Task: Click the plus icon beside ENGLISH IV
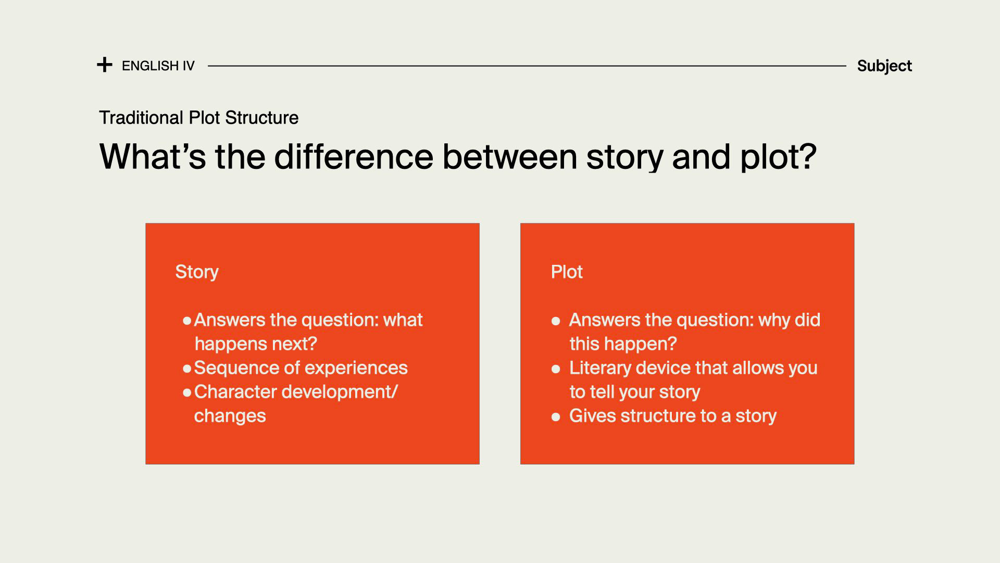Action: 105,65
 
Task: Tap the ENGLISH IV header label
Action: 158,66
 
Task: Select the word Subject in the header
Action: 884,66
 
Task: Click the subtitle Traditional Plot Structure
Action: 198,118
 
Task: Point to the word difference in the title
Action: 354,156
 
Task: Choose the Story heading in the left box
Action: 197,272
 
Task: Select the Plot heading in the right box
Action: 567,272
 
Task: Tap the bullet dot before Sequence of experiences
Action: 187,369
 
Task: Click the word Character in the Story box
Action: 234,391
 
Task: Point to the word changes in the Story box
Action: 230,416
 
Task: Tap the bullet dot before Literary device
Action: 556,369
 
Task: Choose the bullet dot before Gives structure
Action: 556,417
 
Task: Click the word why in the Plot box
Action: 773,320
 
